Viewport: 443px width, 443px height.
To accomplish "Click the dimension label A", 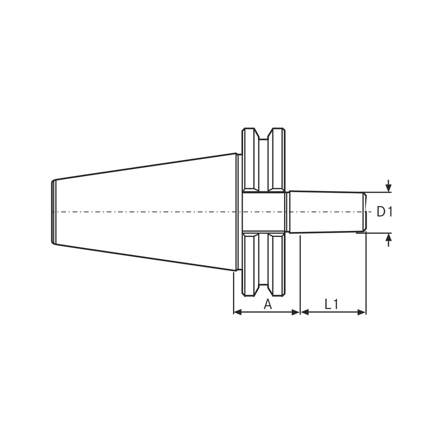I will [267, 303].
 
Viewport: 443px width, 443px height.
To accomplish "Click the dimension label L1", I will [332, 303].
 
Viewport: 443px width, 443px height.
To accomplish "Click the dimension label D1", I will [384, 212].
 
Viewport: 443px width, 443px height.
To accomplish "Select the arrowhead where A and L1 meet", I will [300, 312].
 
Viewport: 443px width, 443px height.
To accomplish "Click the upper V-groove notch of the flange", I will [264, 136].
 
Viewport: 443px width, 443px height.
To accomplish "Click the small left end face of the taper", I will [53, 212].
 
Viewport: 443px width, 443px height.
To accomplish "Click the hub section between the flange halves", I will [264, 212].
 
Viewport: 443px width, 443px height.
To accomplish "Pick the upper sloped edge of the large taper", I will [144, 167].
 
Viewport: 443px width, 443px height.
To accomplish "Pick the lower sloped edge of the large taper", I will [144, 256].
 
